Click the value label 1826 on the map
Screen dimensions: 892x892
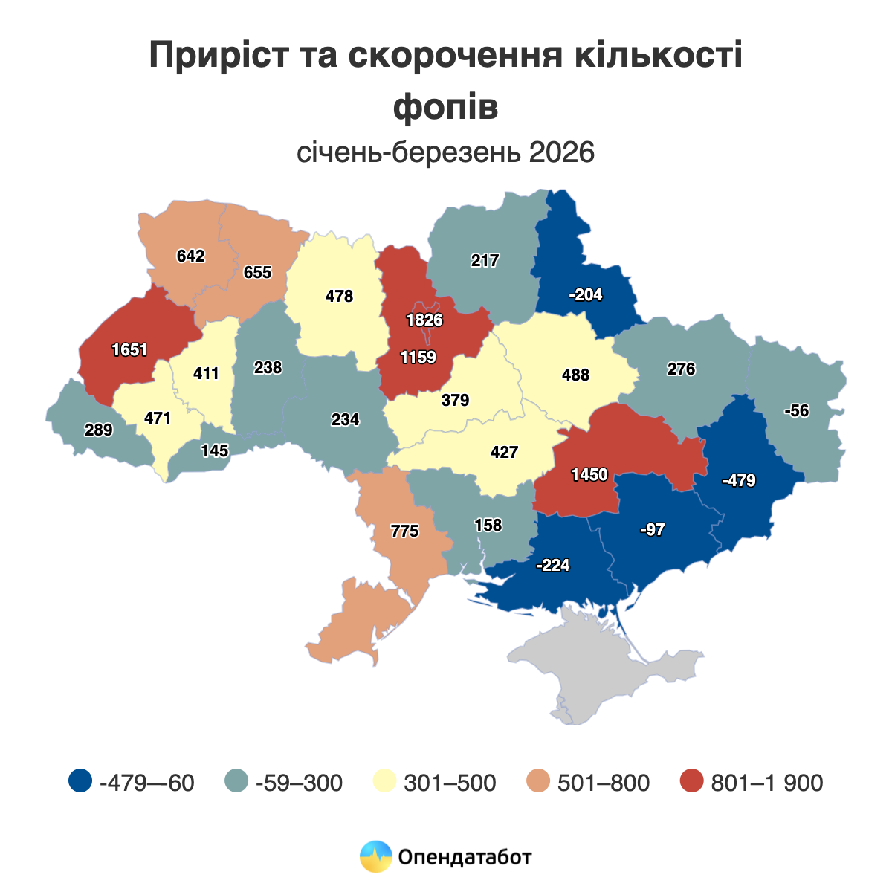click(424, 320)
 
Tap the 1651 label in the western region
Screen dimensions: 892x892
click(130, 349)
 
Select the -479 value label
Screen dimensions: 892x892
click(738, 481)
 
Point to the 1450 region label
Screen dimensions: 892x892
click(589, 474)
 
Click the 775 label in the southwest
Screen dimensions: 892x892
click(405, 531)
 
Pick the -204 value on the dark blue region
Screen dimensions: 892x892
click(585, 295)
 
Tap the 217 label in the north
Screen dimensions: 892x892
click(485, 261)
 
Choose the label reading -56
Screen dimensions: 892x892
click(796, 411)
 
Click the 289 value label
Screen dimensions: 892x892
click(98, 430)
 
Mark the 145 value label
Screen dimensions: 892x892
click(215, 450)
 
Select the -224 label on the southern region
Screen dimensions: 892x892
click(552, 566)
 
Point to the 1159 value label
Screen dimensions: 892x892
click(418, 358)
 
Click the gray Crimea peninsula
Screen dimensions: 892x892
click(595, 665)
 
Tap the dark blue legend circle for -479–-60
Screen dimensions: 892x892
click(80, 782)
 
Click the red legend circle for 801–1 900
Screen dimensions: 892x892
click(692, 782)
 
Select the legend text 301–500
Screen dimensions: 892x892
click(450, 783)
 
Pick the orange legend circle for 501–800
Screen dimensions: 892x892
click(538, 782)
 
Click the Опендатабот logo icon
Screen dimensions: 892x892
click(375, 856)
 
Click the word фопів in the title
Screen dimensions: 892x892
click(445, 107)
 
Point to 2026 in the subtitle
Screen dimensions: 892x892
click(562, 152)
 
